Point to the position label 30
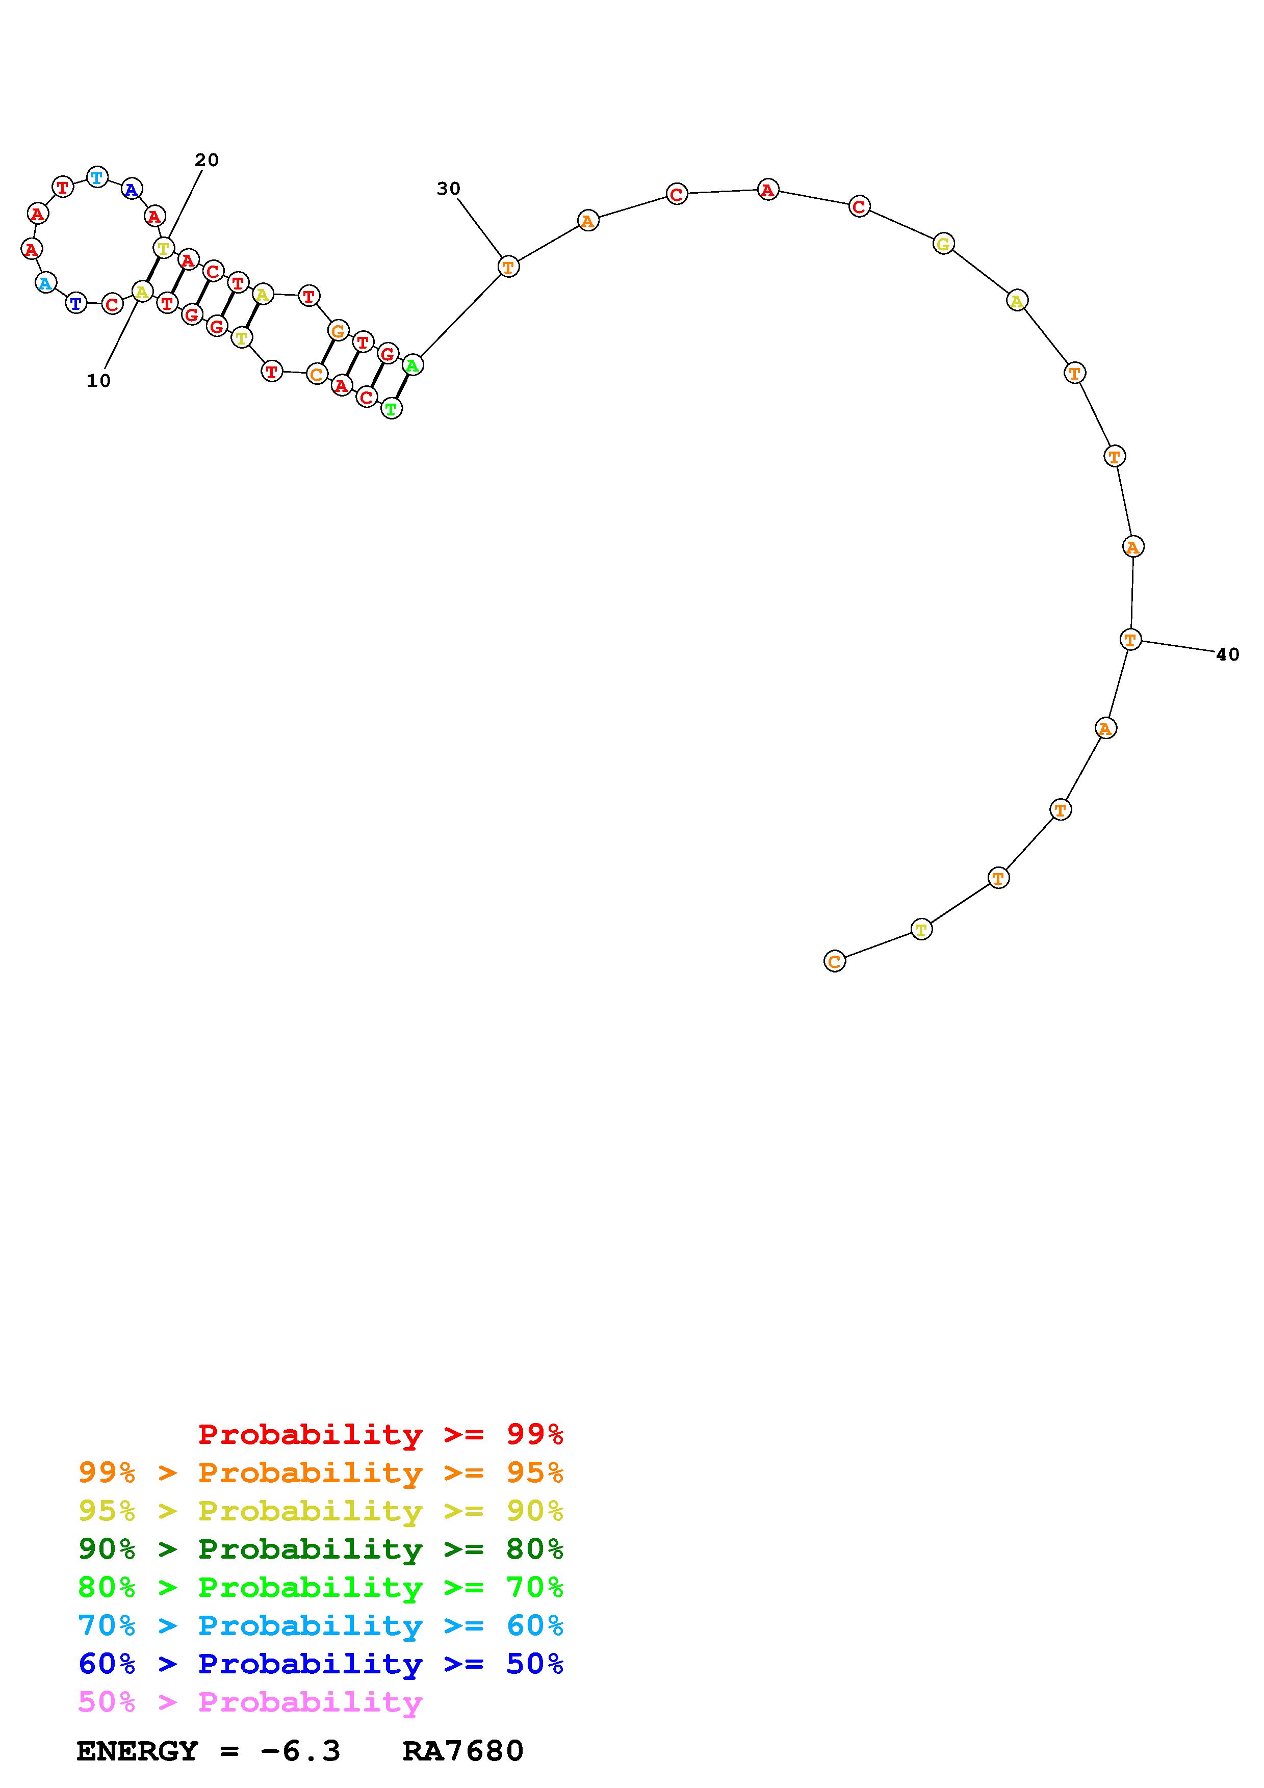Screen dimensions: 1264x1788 click(x=449, y=189)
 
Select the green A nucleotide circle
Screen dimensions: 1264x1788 click(x=413, y=364)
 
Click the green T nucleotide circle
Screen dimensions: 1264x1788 click(x=392, y=408)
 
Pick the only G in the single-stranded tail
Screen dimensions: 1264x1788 click(x=943, y=244)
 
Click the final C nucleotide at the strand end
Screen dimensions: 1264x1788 click(x=834, y=962)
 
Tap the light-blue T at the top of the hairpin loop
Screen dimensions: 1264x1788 click(x=96, y=177)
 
